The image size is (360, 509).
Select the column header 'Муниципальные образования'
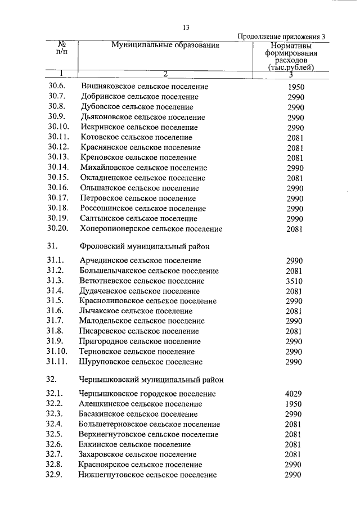pyautogui.click(x=165, y=45)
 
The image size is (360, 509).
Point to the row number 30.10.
pyautogui.click(x=58, y=127)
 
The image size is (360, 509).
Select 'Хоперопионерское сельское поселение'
pyautogui.click(x=151, y=229)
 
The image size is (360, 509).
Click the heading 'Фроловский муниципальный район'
pyautogui.click(x=145, y=246)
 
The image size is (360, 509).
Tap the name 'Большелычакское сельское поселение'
pyautogui.click(x=149, y=271)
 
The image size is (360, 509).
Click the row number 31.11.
pyautogui.click(x=58, y=362)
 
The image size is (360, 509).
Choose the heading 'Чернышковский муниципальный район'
pyautogui.click(x=151, y=379)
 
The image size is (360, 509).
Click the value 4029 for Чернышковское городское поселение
pyautogui.click(x=294, y=394)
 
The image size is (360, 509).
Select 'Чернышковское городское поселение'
pyautogui.click(x=148, y=394)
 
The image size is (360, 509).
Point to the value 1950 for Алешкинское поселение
pyautogui.click(x=294, y=404)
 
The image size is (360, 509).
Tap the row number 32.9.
pyautogui.click(x=56, y=475)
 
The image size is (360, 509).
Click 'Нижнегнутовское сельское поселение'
pyautogui.click(x=148, y=475)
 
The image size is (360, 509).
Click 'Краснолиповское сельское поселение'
pyautogui.click(x=148, y=301)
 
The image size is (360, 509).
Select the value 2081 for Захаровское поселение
pyautogui.click(x=294, y=454)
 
